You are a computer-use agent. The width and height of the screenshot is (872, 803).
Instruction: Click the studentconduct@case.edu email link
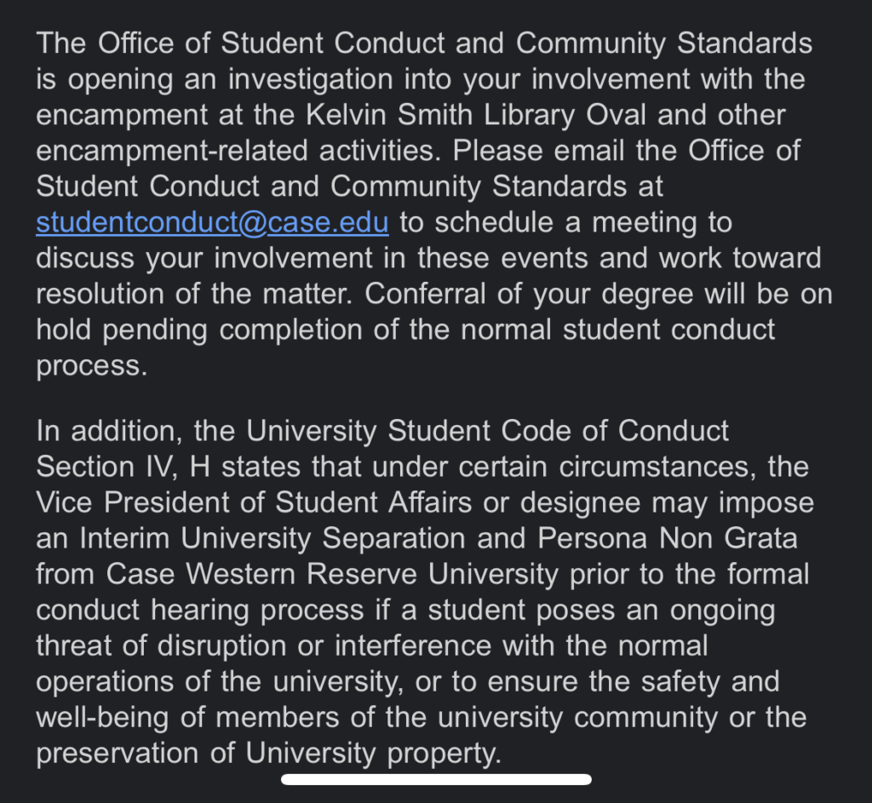(212, 222)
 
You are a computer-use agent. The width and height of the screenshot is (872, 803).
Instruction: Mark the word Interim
(119, 538)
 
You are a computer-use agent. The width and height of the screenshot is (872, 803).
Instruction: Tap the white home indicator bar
(436, 778)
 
